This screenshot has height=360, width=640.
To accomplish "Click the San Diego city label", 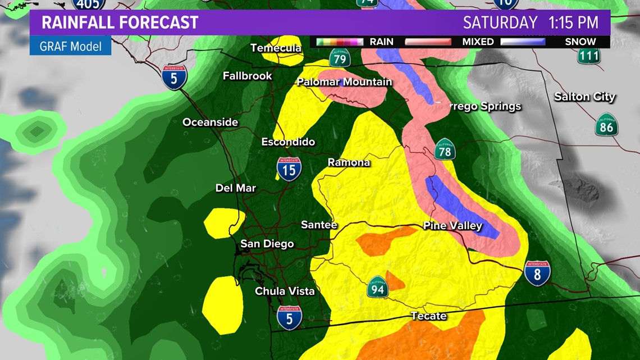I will click(x=267, y=244).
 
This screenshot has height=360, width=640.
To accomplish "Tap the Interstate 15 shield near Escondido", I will click(x=289, y=168).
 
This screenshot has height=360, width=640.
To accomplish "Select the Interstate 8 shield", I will click(x=537, y=273).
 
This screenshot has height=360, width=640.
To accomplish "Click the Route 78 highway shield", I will click(x=444, y=149).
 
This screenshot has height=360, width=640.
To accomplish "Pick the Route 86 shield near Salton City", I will click(x=607, y=125).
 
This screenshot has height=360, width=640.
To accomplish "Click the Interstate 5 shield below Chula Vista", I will click(x=289, y=317).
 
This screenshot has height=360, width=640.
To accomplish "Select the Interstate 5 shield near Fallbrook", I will click(x=174, y=77).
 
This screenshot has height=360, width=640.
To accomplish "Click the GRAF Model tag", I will click(x=70, y=46).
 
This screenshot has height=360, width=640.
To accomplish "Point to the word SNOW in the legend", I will click(x=580, y=42).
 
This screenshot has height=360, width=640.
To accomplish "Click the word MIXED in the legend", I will click(x=478, y=42).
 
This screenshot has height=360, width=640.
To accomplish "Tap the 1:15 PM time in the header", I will click(x=575, y=22).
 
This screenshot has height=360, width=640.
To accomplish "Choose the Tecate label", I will click(x=428, y=316).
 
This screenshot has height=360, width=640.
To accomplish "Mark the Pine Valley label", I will click(x=452, y=226).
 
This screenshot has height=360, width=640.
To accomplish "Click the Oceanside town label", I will click(x=210, y=122).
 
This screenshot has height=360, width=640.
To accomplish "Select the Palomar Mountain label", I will click(x=344, y=82).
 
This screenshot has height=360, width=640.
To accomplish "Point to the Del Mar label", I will click(x=236, y=188).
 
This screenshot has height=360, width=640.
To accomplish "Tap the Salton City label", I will click(x=584, y=97).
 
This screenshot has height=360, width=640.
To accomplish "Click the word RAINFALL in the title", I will click(x=80, y=22).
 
